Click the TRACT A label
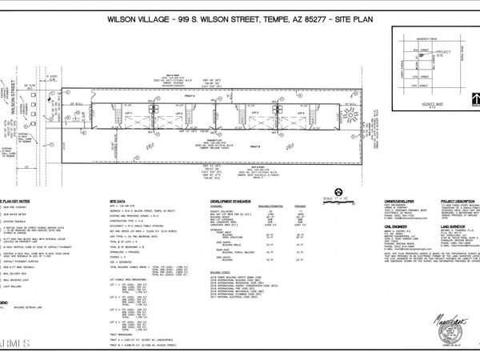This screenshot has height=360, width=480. (x=211, y=95)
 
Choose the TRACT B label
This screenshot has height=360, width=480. (x=255, y=146)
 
